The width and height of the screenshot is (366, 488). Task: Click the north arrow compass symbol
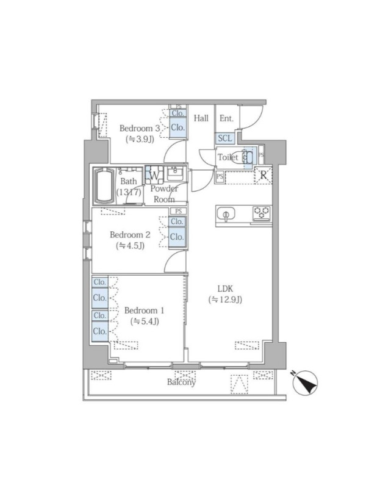(306, 383)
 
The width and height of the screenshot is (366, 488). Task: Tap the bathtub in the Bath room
(104, 186)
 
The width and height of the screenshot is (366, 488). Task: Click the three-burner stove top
(262, 213)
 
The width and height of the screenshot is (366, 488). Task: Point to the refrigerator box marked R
(264, 175)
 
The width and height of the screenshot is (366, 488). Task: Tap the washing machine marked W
(154, 176)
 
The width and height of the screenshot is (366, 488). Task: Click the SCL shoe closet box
(224, 138)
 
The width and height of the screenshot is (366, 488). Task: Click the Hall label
(201, 118)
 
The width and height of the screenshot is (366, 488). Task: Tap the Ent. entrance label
(226, 118)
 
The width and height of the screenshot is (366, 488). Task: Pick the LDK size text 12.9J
(225, 300)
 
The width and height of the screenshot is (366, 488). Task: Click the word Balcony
(181, 382)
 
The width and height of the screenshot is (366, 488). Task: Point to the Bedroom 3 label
(140, 128)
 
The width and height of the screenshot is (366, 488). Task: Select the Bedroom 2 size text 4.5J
(130, 246)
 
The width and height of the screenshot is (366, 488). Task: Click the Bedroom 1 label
(145, 310)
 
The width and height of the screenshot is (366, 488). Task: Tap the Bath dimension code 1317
(129, 192)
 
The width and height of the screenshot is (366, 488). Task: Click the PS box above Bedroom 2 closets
(178, 211)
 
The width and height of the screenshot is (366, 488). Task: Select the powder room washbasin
(176, 173)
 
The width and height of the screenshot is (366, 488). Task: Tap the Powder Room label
(164, 194)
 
